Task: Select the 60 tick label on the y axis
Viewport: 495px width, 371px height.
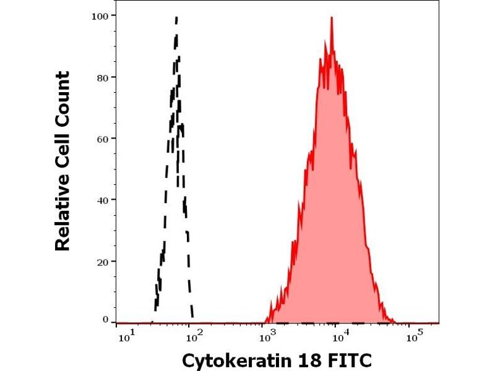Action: click(x=103, y=138)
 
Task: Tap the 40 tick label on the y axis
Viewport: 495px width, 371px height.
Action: click(x=103, y=200)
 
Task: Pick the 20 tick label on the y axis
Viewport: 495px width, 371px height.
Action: click(x=103, y=261)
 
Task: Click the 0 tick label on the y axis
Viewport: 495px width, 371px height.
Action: click(x=106, y=320)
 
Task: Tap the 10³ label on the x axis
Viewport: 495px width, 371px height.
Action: click(x=267, y=338)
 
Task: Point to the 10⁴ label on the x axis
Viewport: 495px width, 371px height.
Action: click(x=338, y=338)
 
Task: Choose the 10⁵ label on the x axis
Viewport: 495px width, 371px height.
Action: click(x=411, y=338)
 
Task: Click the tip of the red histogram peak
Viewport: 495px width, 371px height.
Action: click(x=332, y=17)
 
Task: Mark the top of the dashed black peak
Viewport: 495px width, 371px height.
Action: click(x=176, y=17)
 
